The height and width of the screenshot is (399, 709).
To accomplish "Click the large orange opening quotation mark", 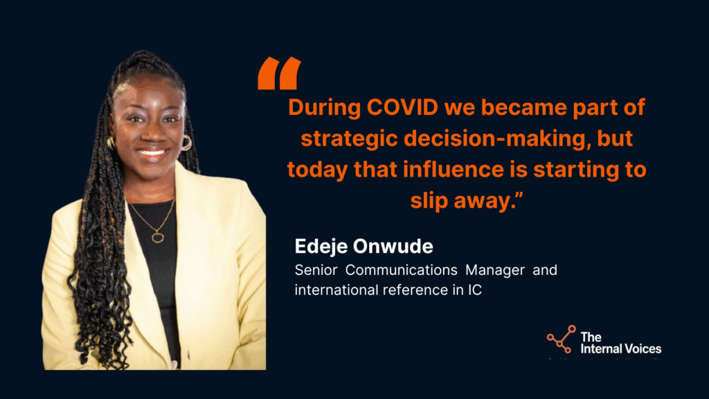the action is coord(280,73).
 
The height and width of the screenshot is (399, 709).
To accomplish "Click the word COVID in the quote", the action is coord(402,107).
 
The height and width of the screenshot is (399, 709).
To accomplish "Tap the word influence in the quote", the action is coord(454,170).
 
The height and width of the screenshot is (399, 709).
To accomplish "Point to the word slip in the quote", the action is coord(429,201).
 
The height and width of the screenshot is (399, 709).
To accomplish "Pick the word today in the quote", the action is coord(317,170).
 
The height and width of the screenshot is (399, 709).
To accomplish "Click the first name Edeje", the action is coord(321,247).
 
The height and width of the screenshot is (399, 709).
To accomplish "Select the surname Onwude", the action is coord(393,247).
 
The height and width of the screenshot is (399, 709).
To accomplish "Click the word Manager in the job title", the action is coord(494,271).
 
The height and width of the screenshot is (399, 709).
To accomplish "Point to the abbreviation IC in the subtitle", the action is coord(475,290).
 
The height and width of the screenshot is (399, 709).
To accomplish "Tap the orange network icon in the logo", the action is coord(561,339).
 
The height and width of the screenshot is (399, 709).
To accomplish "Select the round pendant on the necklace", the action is coord(157,237).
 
